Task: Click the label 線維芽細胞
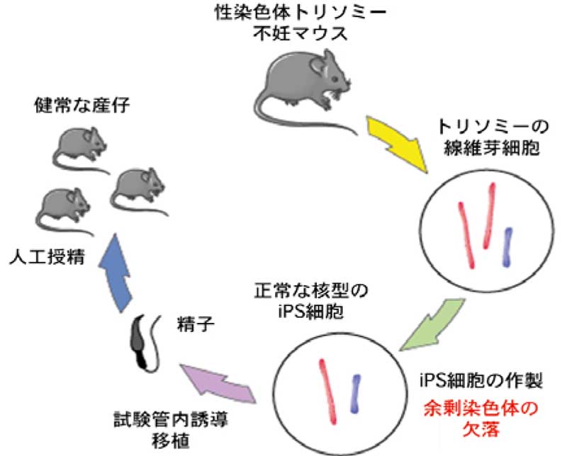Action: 481,148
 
